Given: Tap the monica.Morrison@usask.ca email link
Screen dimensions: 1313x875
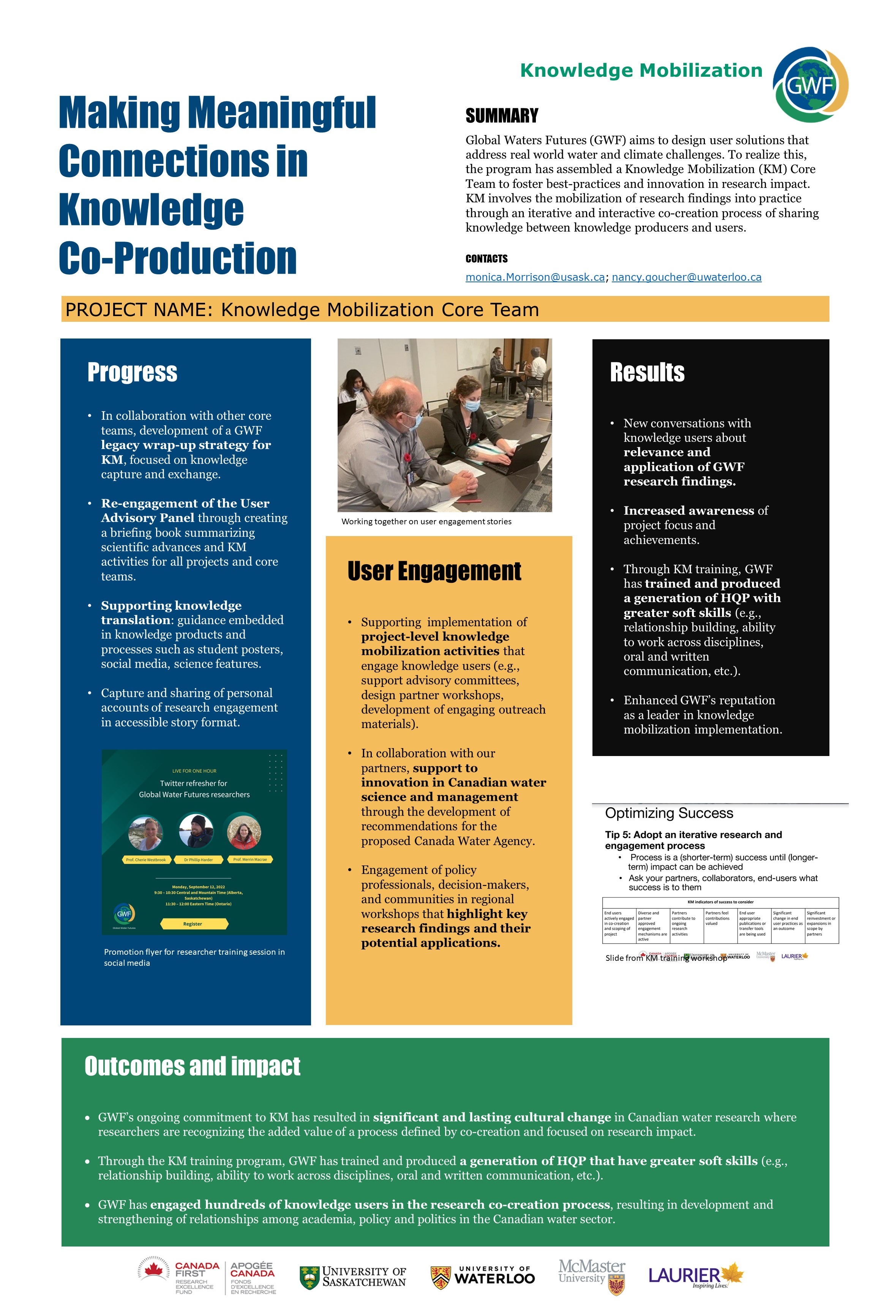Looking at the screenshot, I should point(535,277).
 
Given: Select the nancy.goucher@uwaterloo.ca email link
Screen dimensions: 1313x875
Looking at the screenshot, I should point(686,277).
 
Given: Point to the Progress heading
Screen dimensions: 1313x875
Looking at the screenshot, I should point(132,372).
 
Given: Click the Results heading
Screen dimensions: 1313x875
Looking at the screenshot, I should point(647,372).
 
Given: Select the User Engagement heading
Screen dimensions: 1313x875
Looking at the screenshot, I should point(434,571).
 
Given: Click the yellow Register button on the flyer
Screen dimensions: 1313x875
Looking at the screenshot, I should point(193,924).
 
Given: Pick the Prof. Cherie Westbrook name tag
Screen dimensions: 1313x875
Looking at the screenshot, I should point(146,860).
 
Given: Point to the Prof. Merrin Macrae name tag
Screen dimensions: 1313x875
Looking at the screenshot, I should point(250,860).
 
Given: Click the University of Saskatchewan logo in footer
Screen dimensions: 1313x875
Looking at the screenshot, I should point(353,1277).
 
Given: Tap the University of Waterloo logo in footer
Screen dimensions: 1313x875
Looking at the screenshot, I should point(483,1277).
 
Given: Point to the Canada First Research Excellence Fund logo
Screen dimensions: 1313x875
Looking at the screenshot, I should point(178,1277).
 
